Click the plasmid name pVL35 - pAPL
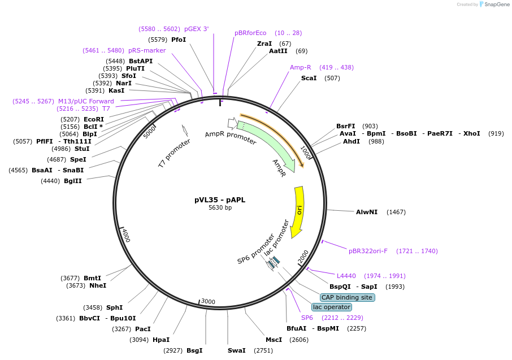pos(220,199)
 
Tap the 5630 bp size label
pos(220,207)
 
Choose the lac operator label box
pos(331,307)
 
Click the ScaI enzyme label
pos(309,78)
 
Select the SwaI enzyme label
pos(236,350)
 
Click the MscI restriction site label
pos(274,340)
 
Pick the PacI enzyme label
pos(143,329)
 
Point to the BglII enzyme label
pos(73,181)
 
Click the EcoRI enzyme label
pos(94,119)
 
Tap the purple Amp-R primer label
pos(300,67)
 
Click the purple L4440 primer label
pos(346,276)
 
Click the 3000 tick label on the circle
pos(209,302)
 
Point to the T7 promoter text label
pos(174,153)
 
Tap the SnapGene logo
pos(493,5)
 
